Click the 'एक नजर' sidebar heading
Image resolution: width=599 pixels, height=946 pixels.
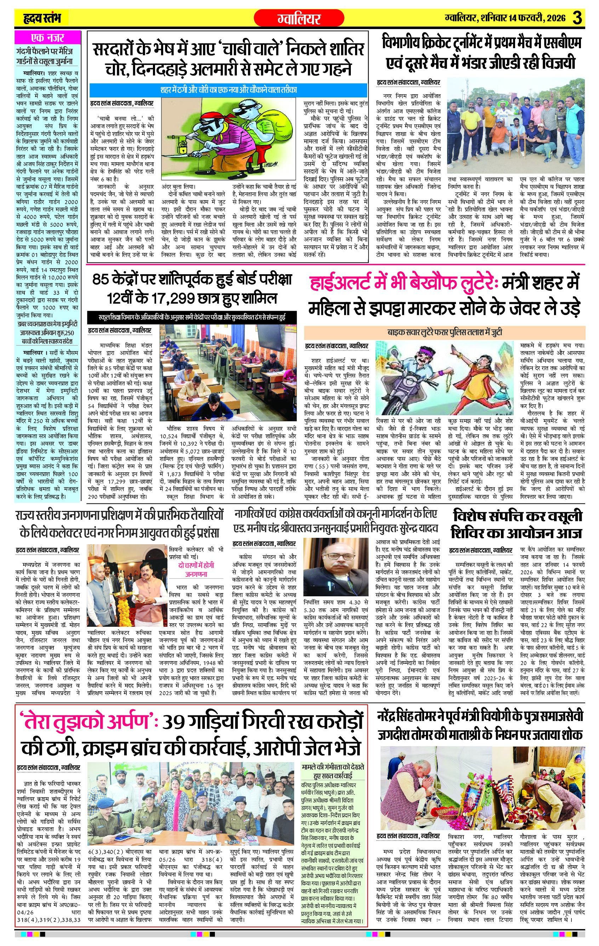point(47,38)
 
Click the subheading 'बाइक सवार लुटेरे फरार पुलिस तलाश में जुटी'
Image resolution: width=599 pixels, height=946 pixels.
point(445,332)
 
